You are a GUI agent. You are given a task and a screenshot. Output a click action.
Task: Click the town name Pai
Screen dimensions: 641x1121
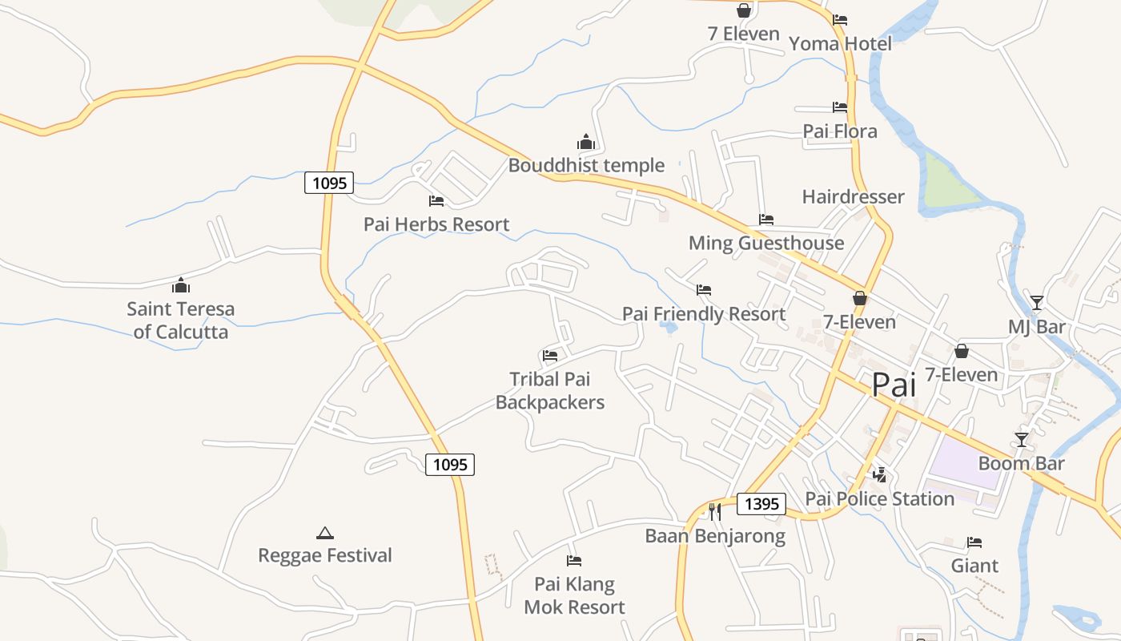tap(893, 385)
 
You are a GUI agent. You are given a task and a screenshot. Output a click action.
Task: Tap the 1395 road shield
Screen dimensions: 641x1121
tap(761, 503)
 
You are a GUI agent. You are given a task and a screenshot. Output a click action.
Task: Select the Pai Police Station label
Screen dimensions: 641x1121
tap(879, 498)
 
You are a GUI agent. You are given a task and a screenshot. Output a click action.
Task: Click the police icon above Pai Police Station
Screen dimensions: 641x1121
tap(880, 475)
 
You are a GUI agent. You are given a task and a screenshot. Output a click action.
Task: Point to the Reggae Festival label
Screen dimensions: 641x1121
tap(325, 555)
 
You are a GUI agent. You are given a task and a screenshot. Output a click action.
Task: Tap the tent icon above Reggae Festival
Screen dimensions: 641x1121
tap(324, 533)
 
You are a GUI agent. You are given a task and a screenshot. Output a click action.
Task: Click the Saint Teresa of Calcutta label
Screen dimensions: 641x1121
tap(181, 320)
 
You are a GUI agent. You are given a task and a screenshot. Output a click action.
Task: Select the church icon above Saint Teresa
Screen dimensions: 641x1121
tap(181, 285)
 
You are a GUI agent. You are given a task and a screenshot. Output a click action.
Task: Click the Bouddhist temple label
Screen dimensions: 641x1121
tap(586, 165)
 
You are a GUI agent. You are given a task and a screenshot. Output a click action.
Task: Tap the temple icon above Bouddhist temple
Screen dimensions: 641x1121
tap(586, 143)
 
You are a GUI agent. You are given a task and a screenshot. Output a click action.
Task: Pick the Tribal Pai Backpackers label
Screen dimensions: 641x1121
tap(550, 390)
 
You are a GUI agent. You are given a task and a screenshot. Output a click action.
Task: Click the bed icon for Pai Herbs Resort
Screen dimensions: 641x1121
tap(436, 201)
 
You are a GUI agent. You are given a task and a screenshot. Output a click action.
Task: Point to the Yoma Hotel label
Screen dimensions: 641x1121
tap(840, 43)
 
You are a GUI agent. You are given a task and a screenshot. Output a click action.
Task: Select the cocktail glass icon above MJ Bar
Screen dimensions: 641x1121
tap(1037, 303)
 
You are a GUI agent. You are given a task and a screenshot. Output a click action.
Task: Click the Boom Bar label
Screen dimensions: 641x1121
tap(1022, 463)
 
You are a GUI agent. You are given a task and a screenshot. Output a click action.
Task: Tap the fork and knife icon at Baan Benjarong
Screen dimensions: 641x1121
tap(715, 511)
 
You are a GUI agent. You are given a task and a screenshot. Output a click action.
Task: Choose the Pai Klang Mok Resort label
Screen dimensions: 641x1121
tap(574, 595)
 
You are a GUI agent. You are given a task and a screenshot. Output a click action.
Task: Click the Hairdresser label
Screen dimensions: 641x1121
tap(853, 196)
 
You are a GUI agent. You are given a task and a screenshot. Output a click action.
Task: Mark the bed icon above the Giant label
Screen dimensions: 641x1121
tap(974, 542)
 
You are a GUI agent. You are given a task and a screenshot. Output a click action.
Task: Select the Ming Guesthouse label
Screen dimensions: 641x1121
tap(766, 243)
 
